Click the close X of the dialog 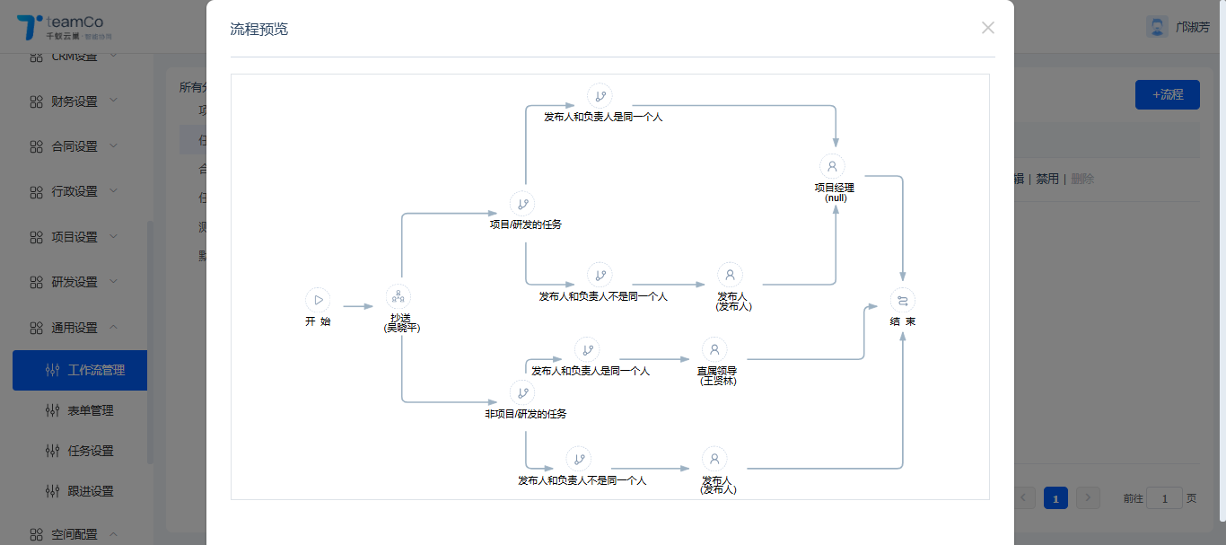tap(988, 28)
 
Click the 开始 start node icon tap(318, 300)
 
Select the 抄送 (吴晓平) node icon tap(398, 296)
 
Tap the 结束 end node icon tap(903, 300)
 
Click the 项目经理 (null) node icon tap(832, 166)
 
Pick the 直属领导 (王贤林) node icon tap(714, 349)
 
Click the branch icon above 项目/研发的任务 tap(522, 203)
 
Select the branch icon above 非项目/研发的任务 tap(522, 392)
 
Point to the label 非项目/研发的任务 tap(526, 414)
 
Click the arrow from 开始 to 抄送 tap(357, 306)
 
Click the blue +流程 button tap(1167, 94)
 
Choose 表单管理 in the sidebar tap(90, 410)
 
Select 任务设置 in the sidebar tap(90, 451)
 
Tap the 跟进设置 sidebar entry tap(90, 491)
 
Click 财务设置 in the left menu tap(74, 101)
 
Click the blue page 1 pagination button tap(1055, 498)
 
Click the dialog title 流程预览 tap(259, 30)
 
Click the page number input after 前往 tap(1164, 498)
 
